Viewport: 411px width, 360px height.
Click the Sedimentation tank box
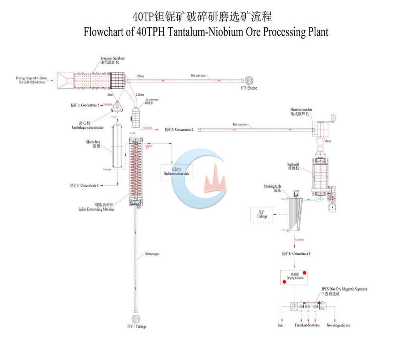[177, 172]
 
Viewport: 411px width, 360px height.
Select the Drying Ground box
[295, 277]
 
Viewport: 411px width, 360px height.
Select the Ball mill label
[293, 166]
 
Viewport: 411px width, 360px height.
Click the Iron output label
[280, 325]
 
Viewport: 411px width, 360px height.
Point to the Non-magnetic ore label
[338, 325]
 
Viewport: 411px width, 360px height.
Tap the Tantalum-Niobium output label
[307, 325]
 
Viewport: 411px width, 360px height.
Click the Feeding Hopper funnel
[65, 81]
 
